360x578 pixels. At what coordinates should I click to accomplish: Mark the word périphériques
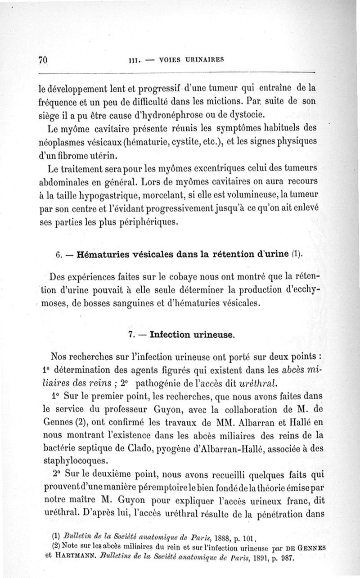(x=152, y=222)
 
